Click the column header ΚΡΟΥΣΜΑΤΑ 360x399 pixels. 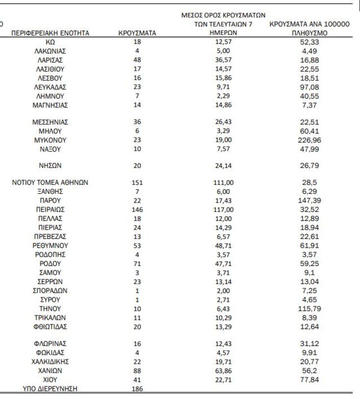tap(137, 33)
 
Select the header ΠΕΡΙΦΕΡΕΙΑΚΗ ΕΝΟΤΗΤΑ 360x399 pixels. tap(50, 33)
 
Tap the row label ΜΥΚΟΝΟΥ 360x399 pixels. tap(50, 140)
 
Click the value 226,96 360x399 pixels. tap(309, 140)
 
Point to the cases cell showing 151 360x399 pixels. tap(137, 183)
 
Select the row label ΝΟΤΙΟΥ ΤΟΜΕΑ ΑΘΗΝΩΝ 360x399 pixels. tap(50, 183)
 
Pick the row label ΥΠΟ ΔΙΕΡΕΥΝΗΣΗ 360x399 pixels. tap(50, 389)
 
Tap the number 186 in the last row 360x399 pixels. tap(137, 389)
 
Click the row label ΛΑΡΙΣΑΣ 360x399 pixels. tap(50, 60)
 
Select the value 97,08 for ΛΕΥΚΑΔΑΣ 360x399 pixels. tap(309, 87)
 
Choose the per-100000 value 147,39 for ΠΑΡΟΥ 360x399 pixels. tap(309, 200)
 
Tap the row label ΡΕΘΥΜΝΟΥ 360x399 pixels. tap(50, 245)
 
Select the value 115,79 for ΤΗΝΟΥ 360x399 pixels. tap(309, 309)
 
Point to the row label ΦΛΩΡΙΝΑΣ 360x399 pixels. tap(50, 344)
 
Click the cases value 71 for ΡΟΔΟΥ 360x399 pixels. tap(137, 263)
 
